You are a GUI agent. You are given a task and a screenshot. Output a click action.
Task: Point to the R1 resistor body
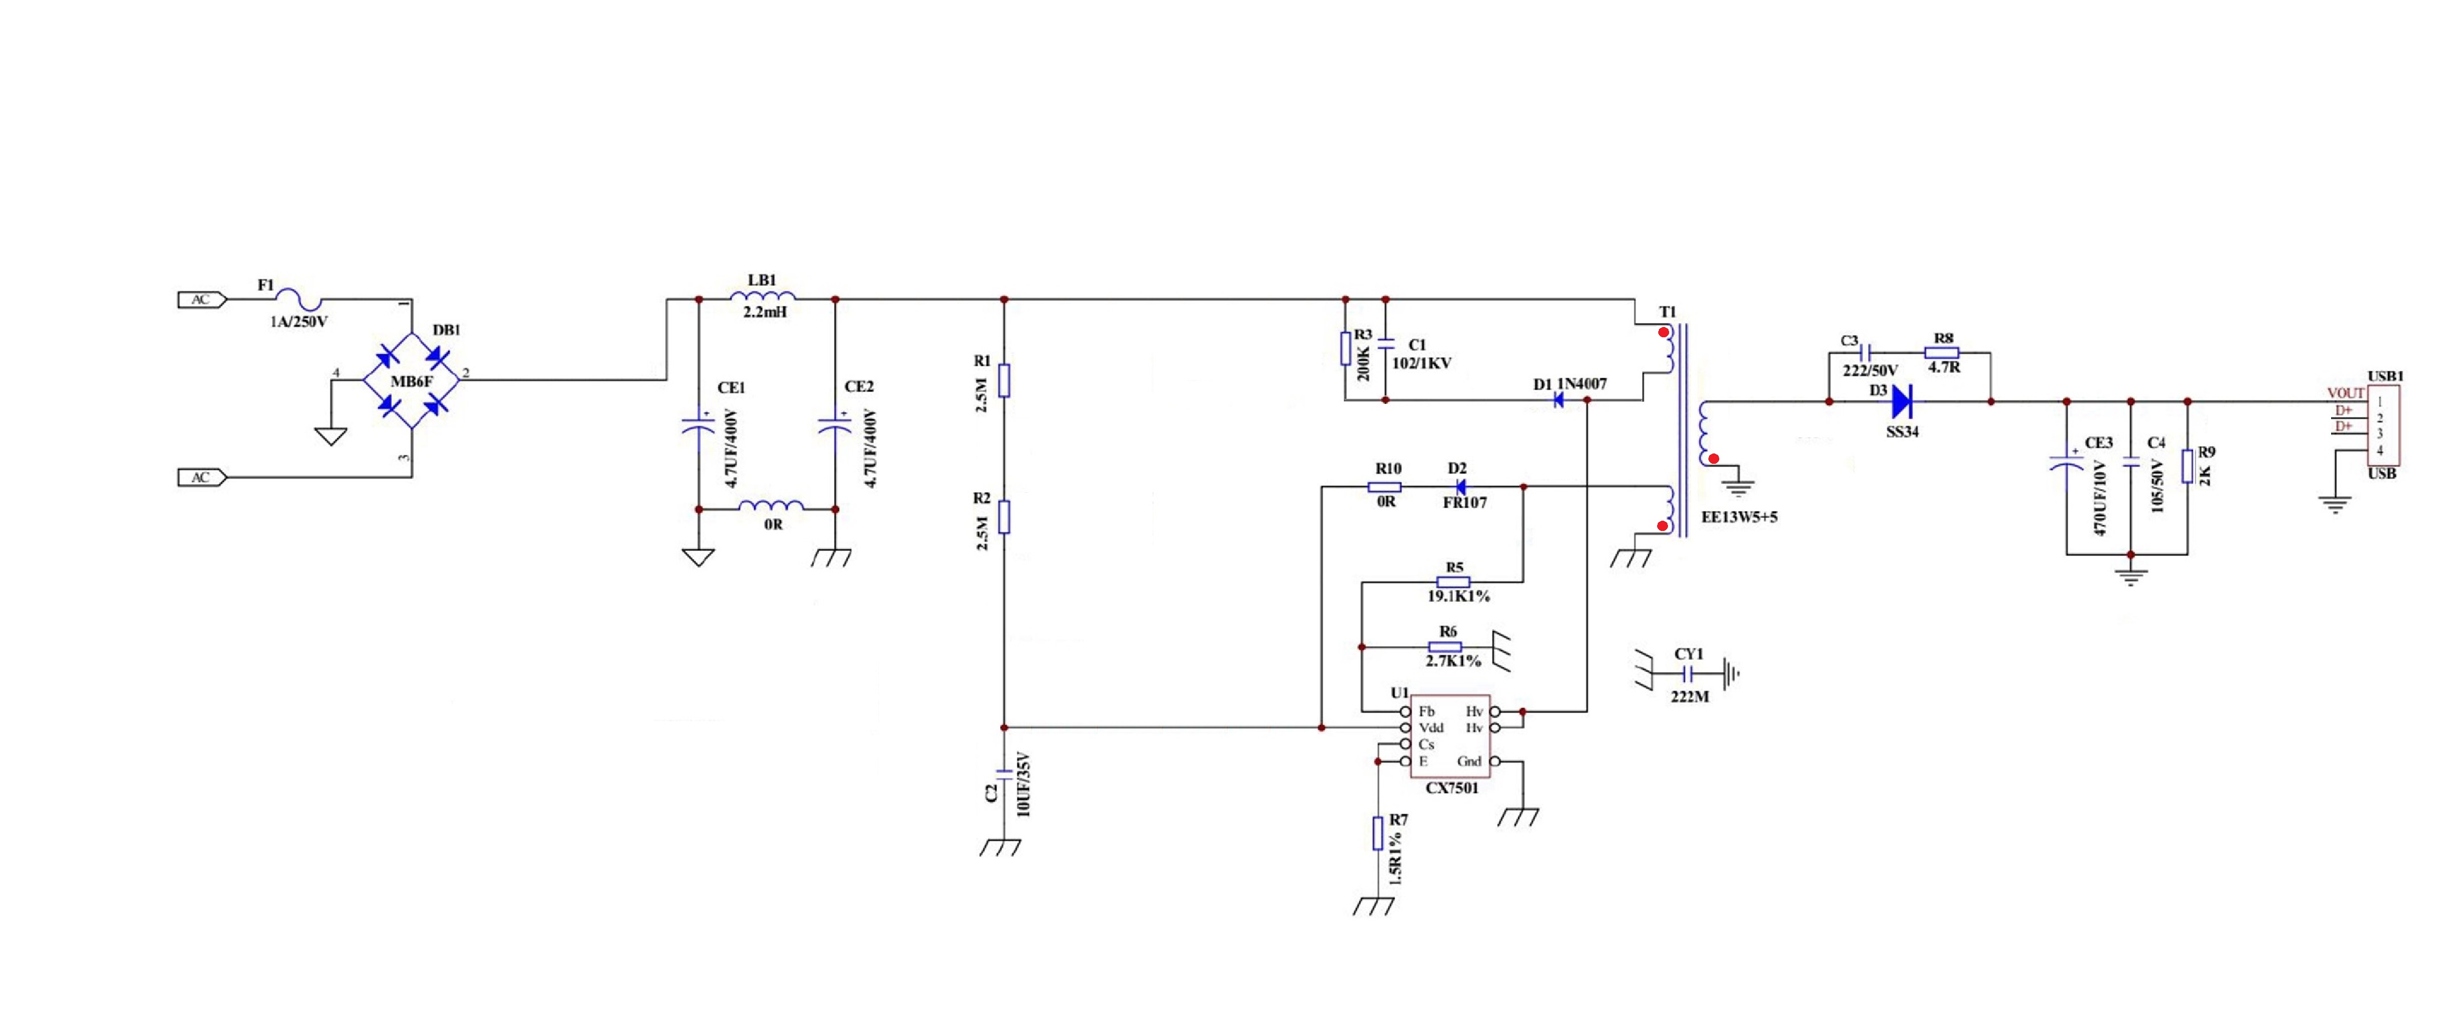[1004, 380]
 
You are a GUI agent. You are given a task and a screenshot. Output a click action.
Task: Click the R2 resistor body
[1004, 517]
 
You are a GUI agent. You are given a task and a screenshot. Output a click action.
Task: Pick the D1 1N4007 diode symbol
[1557, 400]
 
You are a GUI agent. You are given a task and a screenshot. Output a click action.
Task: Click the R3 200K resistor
[1345, 349]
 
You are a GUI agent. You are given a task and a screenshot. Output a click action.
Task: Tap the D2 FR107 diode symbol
[1460, 487]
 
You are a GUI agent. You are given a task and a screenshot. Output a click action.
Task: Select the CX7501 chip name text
[1452, 788]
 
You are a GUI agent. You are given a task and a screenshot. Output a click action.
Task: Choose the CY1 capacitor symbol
[1687, 674]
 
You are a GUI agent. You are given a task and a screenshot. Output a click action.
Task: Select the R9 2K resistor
[2188, 466]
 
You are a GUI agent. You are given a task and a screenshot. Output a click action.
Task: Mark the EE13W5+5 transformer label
[1739, 517]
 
